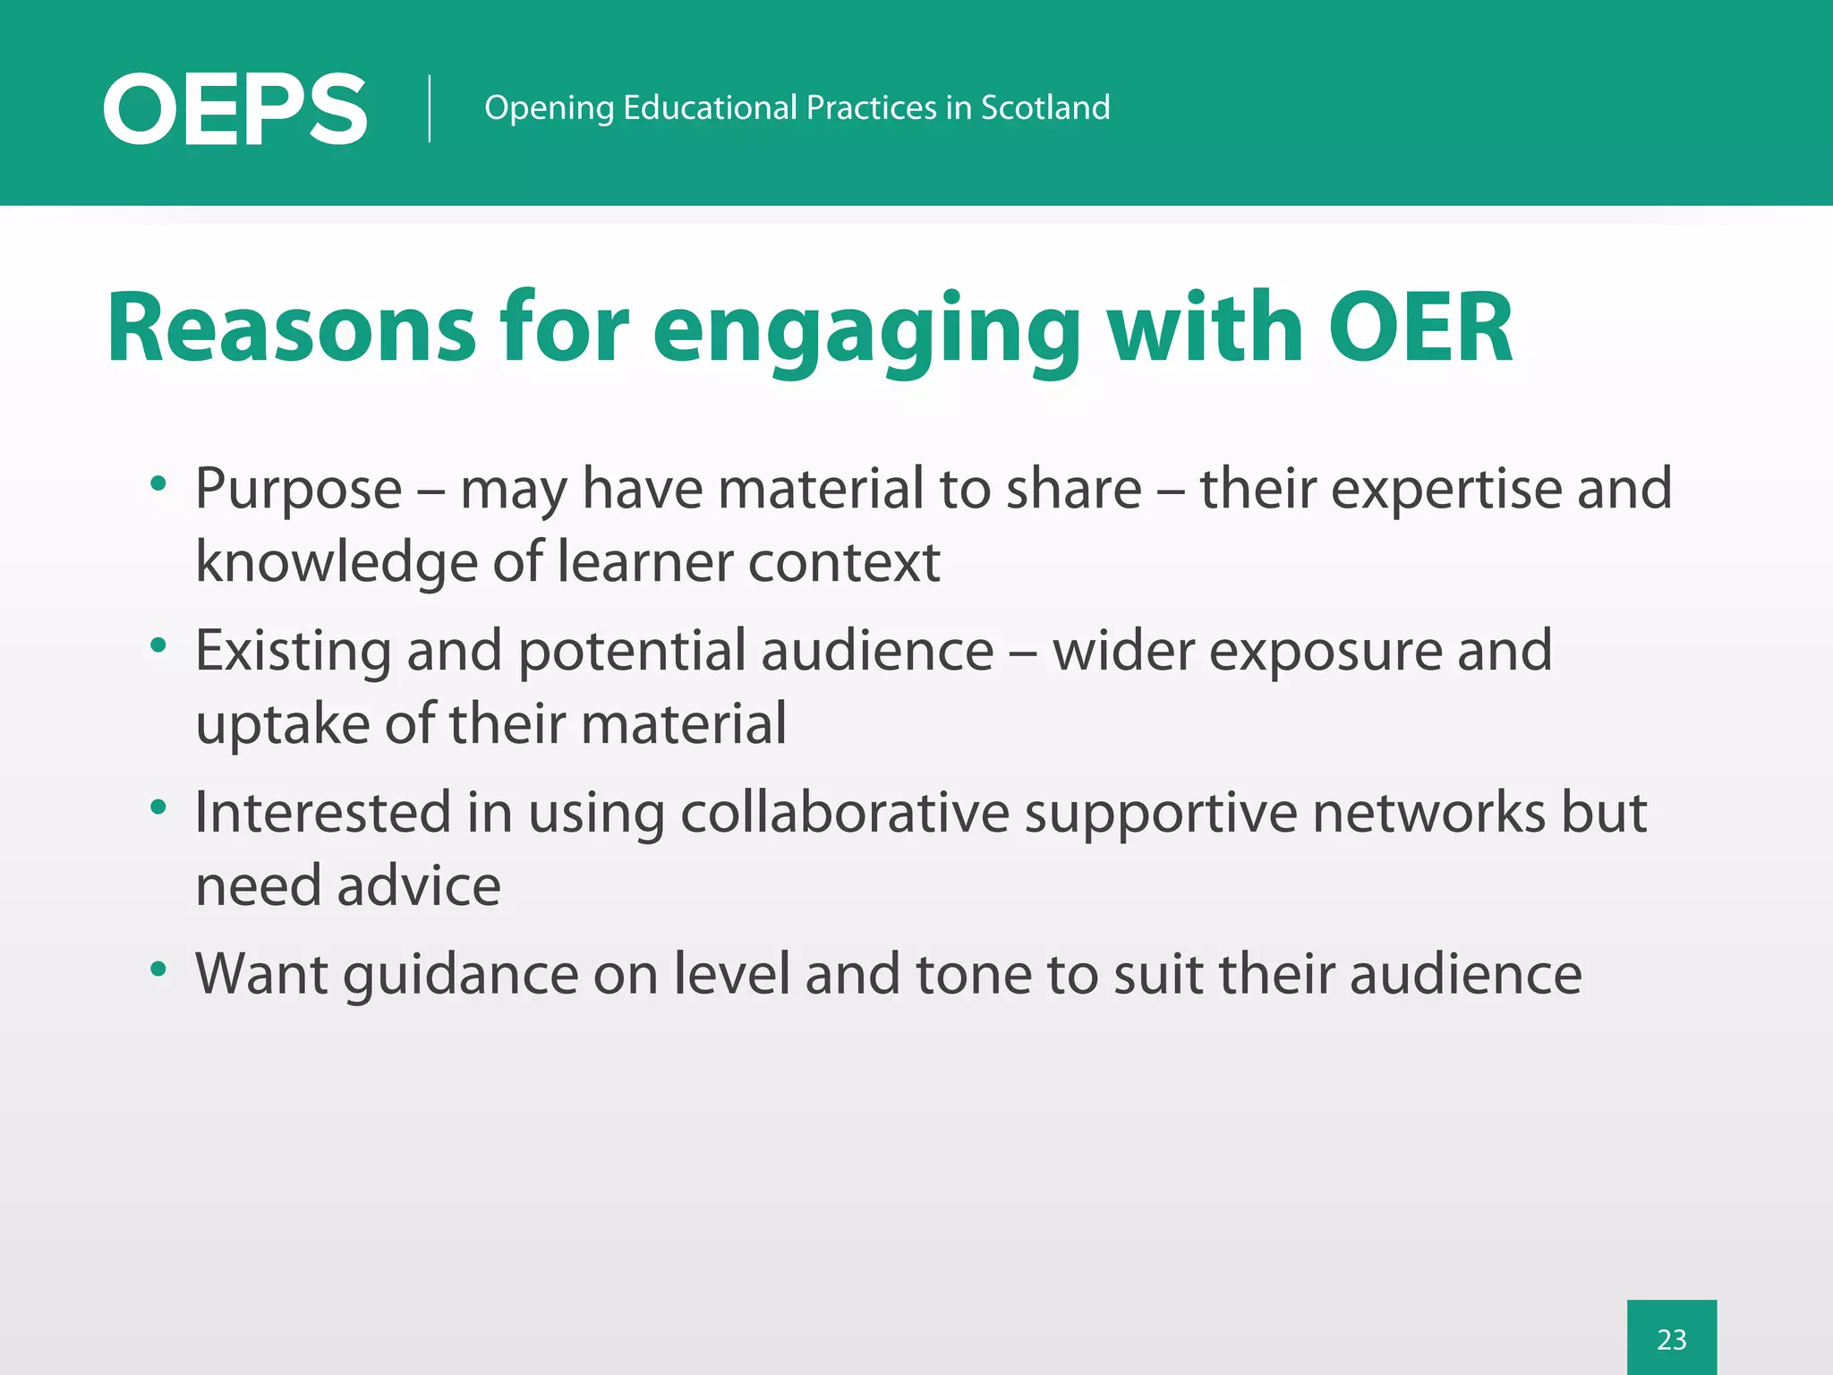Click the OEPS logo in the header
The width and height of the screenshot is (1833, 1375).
point(234,109)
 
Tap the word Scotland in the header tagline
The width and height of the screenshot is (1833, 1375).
point(1044,107)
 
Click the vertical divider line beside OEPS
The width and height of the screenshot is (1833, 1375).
point(430,108)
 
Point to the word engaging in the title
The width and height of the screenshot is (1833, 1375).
point(866,331)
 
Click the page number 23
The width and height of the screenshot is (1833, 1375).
point(1671,1339)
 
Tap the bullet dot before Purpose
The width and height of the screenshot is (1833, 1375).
point(159,484)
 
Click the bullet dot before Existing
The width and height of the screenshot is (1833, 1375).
point(159,645)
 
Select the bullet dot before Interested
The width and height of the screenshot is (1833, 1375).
point(159,807)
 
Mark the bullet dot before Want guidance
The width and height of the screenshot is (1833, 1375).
point(159,969)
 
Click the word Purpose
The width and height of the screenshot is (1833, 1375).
point(299,491)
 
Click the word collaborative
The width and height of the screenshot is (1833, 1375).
point(845,813)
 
